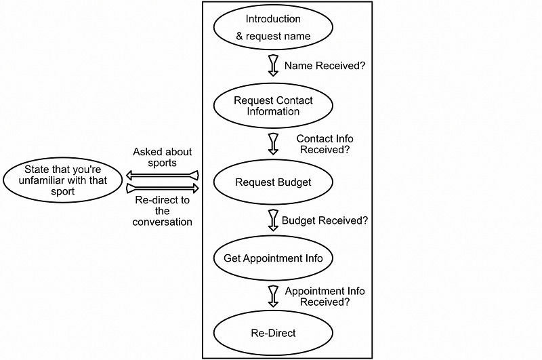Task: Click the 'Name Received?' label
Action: click(x=325, y=66)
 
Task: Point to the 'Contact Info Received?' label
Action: click(x=325, y=144)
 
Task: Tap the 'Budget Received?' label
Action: click(x=325, y=220)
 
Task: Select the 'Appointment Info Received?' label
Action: click(x=325, y=296)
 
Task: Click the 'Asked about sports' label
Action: click(x=163, y=157)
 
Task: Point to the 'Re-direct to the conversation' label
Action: click(x=162, y=211)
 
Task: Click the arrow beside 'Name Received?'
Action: click(x=274, y=66)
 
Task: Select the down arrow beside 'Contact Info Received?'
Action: click(x=274, y=144)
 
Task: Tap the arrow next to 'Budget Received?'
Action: click(x=274, y=220)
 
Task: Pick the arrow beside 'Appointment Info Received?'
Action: click(x=274, y=296)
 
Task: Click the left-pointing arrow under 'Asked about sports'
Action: click(x=163, y=176)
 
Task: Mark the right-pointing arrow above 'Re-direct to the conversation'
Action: click(x=163, y=188)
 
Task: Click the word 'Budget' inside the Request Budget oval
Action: click(x=295, y=182)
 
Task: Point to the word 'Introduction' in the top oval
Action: click(x=273, y=19)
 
